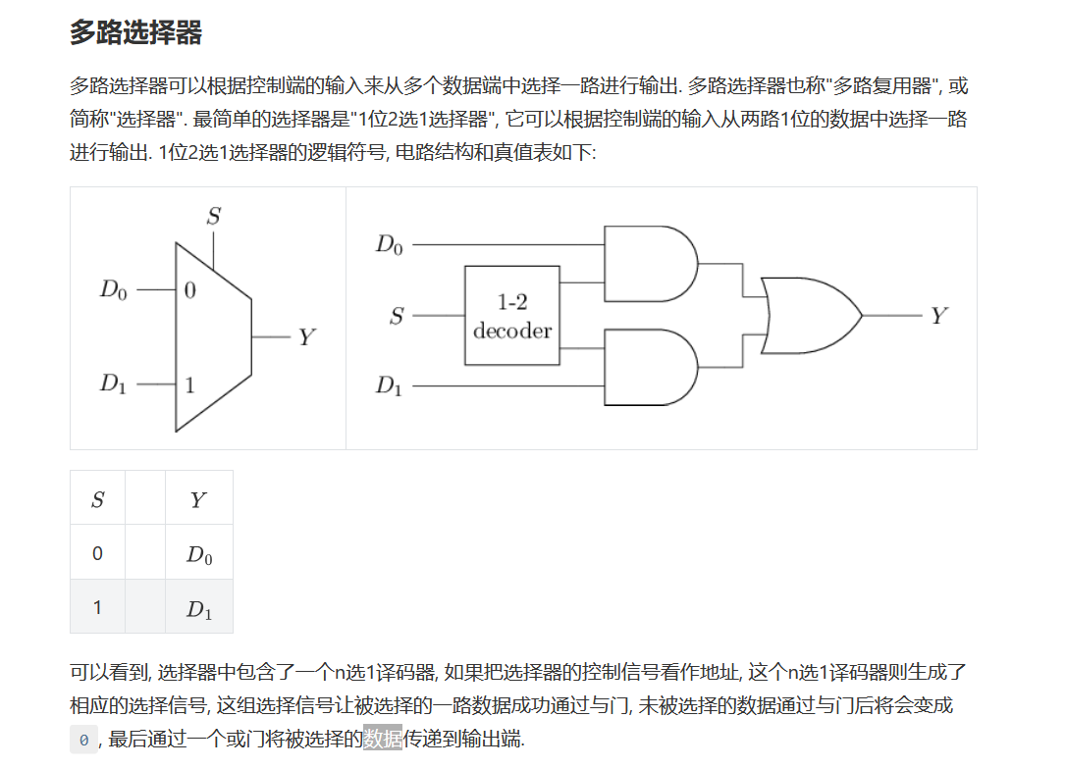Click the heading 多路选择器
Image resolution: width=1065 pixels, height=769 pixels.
135,33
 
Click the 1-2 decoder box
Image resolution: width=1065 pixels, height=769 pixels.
512,316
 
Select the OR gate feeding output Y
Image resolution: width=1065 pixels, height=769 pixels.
808,316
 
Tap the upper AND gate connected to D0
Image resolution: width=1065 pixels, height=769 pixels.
648,263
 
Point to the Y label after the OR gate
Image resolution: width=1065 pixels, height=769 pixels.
939,316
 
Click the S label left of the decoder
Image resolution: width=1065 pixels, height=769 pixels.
397,316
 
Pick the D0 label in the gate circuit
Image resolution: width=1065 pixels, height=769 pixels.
390,244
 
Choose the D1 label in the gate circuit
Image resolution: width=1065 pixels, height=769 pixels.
390,385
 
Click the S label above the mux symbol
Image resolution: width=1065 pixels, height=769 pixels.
213,216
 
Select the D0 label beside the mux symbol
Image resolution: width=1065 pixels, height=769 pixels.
113,290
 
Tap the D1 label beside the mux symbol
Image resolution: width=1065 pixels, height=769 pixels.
113,384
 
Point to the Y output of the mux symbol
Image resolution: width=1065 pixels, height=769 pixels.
307,337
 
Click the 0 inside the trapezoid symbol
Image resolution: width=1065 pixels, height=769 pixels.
189,290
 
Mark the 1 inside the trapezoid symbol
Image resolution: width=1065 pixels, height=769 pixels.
189,384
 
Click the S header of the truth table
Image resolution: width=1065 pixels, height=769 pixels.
97,500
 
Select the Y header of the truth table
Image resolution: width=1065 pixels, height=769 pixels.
198,500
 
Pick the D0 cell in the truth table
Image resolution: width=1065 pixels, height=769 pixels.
199,555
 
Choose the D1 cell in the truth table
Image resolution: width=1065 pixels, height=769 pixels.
199,609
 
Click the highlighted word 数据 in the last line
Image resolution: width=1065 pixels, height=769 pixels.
383,739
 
